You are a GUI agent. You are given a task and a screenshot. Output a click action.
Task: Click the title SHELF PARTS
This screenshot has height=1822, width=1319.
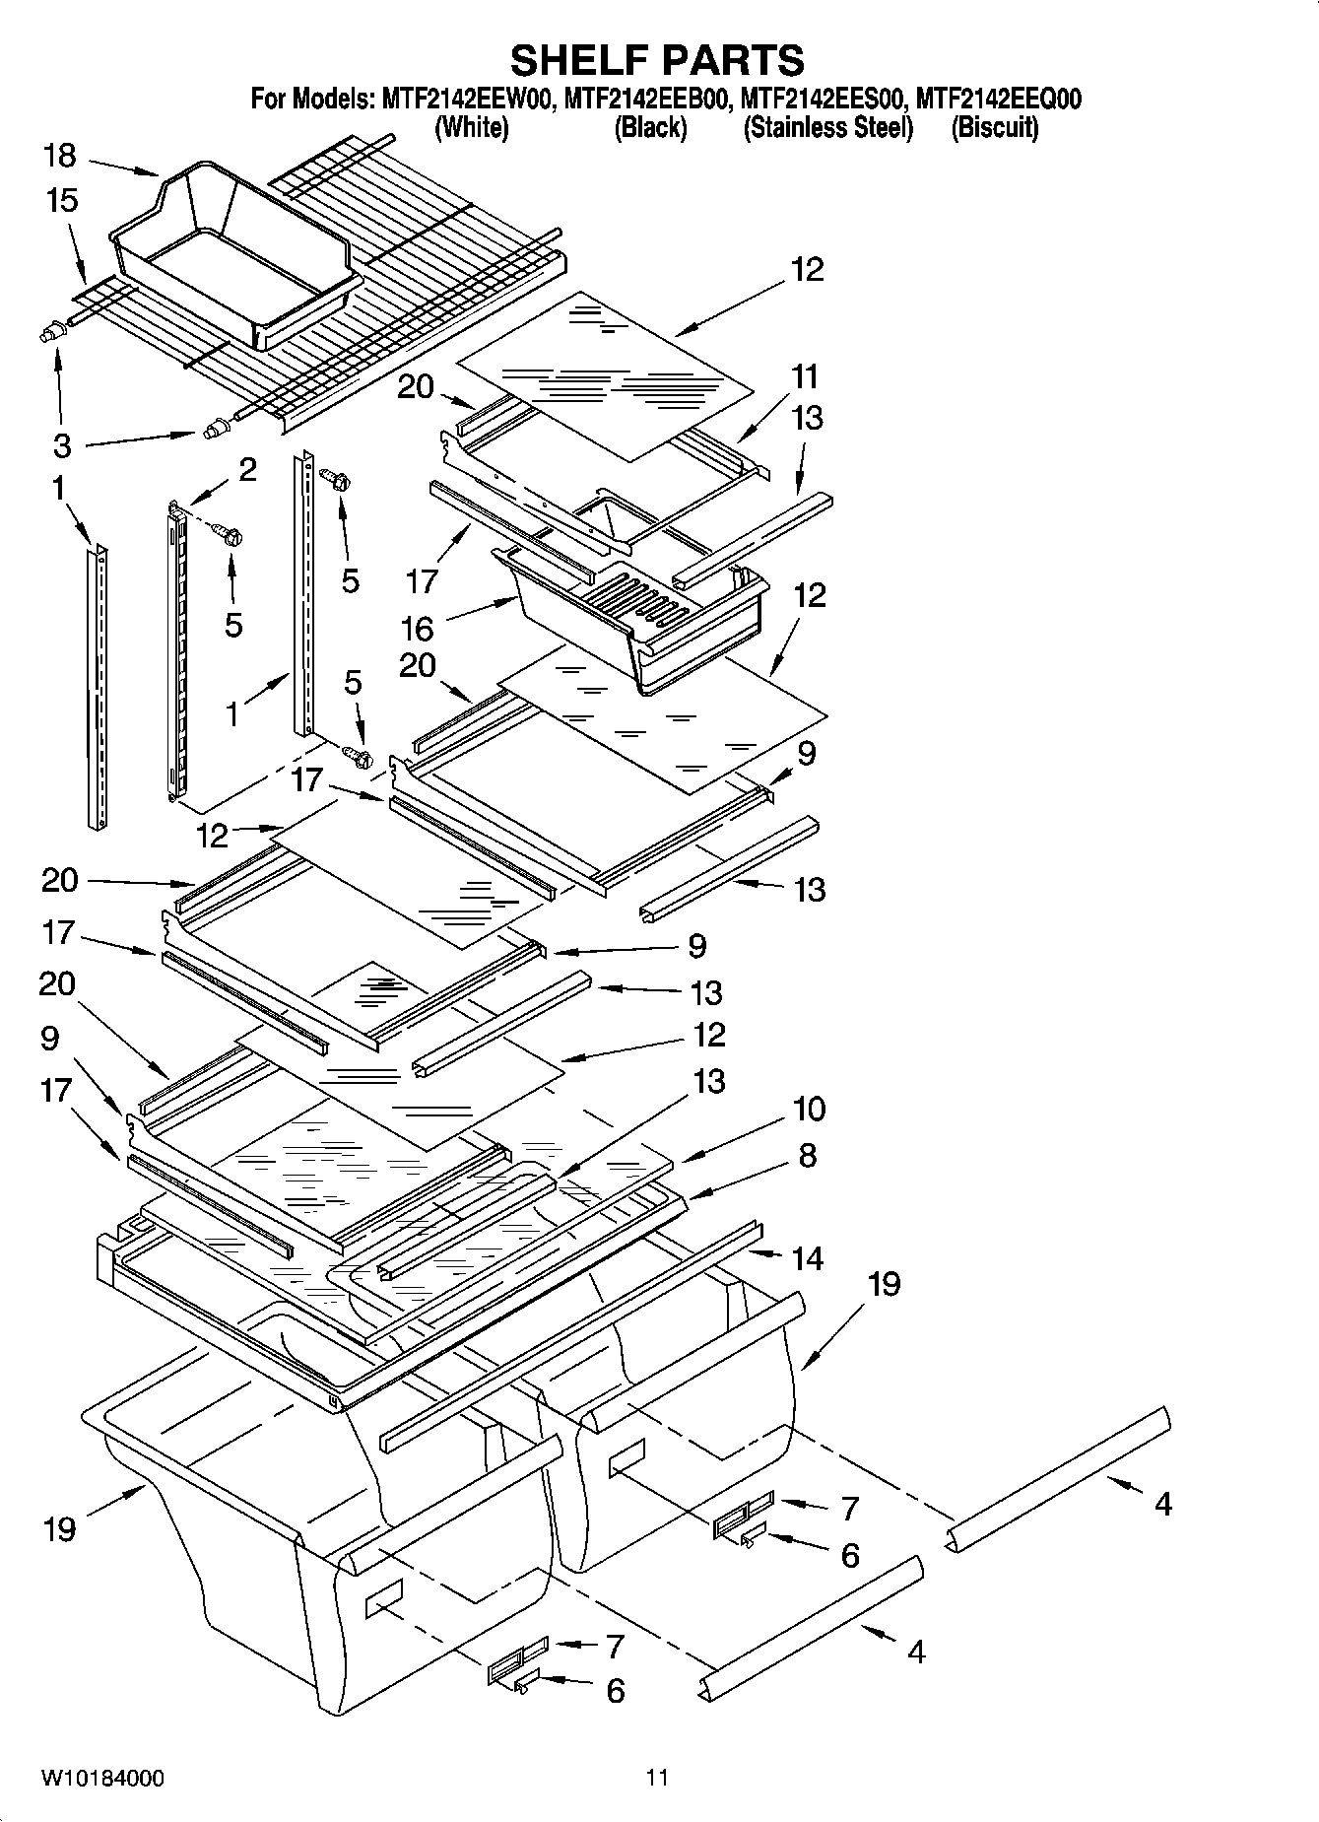657,60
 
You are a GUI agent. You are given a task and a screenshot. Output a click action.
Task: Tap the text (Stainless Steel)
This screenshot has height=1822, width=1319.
827,128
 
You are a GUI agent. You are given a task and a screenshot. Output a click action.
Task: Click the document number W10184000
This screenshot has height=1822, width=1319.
102,1777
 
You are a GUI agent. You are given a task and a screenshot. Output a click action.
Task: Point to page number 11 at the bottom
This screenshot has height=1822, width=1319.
657,1777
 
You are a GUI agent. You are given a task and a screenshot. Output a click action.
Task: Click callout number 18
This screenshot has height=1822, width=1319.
59,156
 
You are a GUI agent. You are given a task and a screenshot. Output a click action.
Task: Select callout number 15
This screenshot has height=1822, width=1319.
61,201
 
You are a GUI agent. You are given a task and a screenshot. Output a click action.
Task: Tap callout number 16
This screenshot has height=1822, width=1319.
417,628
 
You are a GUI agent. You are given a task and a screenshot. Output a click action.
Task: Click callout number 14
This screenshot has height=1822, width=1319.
808,1257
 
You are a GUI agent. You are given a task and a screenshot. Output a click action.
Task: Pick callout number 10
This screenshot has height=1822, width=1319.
809,1109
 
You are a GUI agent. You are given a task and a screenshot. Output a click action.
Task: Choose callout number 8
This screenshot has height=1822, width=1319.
807,1155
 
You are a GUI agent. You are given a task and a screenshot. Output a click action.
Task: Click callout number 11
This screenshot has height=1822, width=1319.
805,376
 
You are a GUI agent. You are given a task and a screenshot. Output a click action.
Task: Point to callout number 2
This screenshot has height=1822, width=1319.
247,469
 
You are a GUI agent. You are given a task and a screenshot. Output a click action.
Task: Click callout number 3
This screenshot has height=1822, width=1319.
61,445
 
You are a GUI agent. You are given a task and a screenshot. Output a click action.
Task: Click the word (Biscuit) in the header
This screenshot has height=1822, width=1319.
994,128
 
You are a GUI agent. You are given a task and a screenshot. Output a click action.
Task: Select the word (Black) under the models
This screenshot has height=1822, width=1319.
650,128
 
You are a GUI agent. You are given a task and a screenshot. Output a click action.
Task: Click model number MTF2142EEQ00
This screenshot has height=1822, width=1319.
998,99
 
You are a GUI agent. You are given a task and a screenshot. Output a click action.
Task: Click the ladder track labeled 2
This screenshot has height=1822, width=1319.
176,650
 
